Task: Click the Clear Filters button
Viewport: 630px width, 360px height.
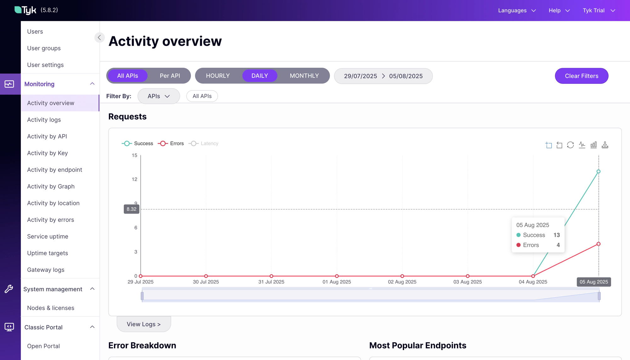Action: pyautogui.click(x=581, y=76)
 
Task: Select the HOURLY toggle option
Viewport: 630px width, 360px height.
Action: pyautogui.click(x=218, y=76)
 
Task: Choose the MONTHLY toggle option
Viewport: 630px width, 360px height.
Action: pyautogui.click(x=304, y=76)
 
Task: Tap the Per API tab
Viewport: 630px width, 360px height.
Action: pyautogui.click(x=170, y=76)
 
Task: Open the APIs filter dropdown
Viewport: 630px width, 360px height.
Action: pyautogui.click(x=158, y=96)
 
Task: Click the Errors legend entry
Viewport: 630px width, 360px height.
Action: pyautogui.click(x=171, y=144)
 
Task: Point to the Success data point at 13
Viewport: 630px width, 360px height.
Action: pyautogui.click(x=598, y=172)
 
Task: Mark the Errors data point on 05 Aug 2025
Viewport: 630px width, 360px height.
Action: pyautogui.click(x=598, y=244)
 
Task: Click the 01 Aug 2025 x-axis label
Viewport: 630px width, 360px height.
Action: pyautogui.click(x=336, y=282)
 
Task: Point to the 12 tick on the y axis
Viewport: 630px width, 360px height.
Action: pyautogui.click(x=135, y=179)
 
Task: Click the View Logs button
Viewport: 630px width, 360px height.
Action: pyautogui.click(x=144, y=324)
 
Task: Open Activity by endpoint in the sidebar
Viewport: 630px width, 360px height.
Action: pyautogui.click(x=54, y=170)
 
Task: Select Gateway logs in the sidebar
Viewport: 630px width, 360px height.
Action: pyautogui.click(x=46, y=270)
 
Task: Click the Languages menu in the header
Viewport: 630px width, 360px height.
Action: pyautogui.click(x=517, y=10)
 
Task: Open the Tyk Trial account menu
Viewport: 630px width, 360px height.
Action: pyautogui.click(x=598, y=10)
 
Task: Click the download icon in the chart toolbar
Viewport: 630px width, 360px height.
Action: pyautogui.click(x=605, y=145)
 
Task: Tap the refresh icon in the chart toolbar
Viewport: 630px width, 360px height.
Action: pyautogui.click(x=570, y=145)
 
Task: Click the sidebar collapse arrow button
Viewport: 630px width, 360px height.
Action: pyautogui.click(x=99, y=37)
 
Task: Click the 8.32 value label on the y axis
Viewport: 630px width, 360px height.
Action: pyautogui.click(x=131, y=209)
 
